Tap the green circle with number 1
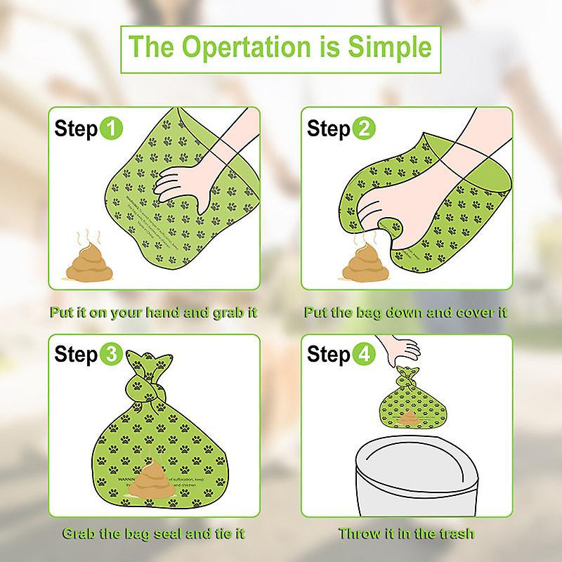click(x=111, y=129)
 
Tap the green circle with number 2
click(x=364, y=129)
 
